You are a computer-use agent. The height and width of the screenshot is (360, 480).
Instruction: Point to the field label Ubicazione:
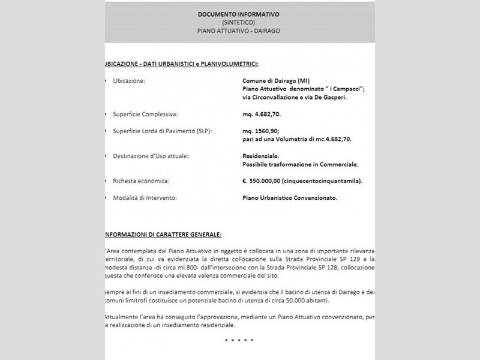pyautogui.click(x=129, y=80)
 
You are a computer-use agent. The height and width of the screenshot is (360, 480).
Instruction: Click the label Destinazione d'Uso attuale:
pyautogui.click(x=151, y=155)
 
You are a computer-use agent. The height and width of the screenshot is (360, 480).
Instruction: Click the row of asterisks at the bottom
pyautogui.click(x=239, y=340)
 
